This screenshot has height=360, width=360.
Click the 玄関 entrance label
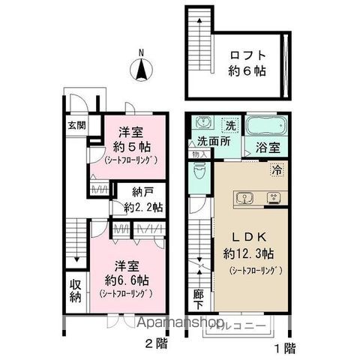[67, 125]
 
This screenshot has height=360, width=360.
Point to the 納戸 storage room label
[135, 192]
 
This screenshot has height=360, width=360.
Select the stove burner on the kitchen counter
[273, 199]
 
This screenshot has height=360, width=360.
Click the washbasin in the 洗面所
[199, 123]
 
